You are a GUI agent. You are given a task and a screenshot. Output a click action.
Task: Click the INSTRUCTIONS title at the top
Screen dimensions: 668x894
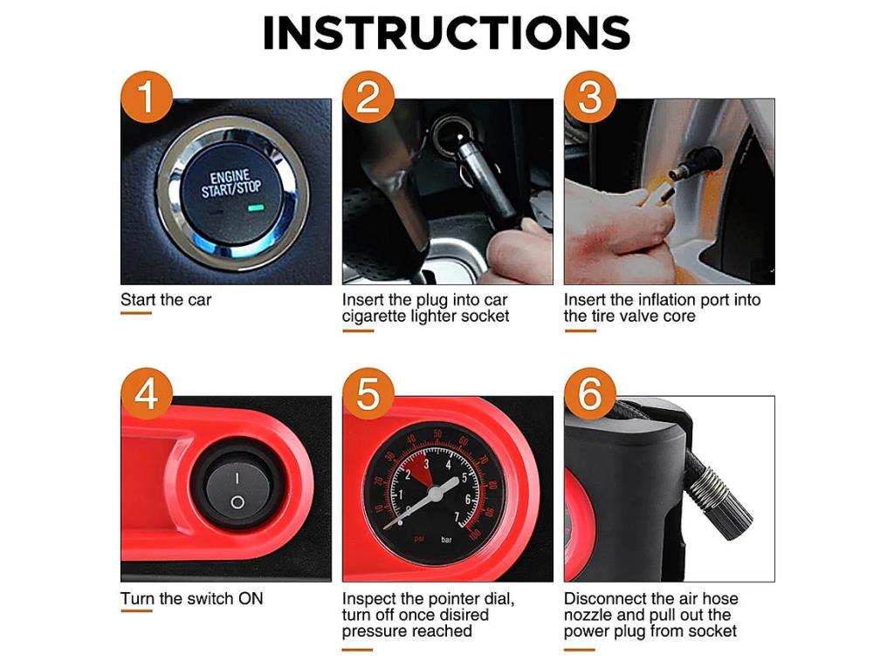click(446, 32)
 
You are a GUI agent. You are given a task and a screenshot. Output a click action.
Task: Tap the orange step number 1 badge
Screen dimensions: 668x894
click(147, 96)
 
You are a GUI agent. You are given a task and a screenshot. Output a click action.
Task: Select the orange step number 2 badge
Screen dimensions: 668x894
click(368, 96)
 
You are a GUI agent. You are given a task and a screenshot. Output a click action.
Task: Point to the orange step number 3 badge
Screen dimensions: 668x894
click(590, 96)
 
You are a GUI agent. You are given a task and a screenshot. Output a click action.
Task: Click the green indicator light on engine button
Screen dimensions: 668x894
click(255, 208)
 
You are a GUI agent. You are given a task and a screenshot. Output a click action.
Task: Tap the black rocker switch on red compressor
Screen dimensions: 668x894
click(237, 490)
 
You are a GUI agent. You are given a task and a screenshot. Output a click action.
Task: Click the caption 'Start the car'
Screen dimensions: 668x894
click(166, 300)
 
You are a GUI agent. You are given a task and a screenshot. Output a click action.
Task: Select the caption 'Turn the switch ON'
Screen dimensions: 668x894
click(191, 598)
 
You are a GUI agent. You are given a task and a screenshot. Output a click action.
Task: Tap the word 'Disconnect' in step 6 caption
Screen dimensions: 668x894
click(606, 598)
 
